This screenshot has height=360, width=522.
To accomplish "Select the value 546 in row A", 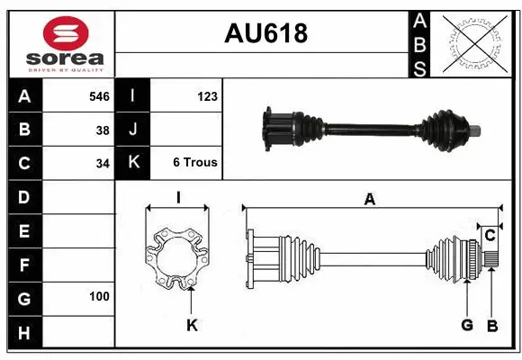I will [x=98, y=95].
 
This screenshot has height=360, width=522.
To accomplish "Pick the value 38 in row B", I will [x=102, y=130].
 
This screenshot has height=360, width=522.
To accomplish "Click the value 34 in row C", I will [x=102, y=164].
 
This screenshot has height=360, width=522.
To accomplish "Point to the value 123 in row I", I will [x=206, y=95].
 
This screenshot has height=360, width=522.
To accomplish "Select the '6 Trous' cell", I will [x=195, y=163].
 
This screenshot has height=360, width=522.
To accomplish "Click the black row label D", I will [x=23, y=196].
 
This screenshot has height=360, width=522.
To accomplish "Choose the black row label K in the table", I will [x=133, y=163].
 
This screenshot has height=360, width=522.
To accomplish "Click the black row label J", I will [x=133, y=130].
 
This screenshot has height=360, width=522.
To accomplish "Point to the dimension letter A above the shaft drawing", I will [x=369, y=200].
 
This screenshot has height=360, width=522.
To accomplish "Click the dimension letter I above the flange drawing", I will [x=178, y=197].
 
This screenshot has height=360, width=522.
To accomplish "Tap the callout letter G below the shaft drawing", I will [x=468, y=325].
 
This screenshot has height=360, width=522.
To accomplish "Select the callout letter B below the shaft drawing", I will [x=491, y=325].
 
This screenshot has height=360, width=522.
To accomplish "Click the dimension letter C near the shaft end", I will [x=490, y=236].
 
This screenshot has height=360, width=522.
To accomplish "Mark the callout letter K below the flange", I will [x=191, y=326].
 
